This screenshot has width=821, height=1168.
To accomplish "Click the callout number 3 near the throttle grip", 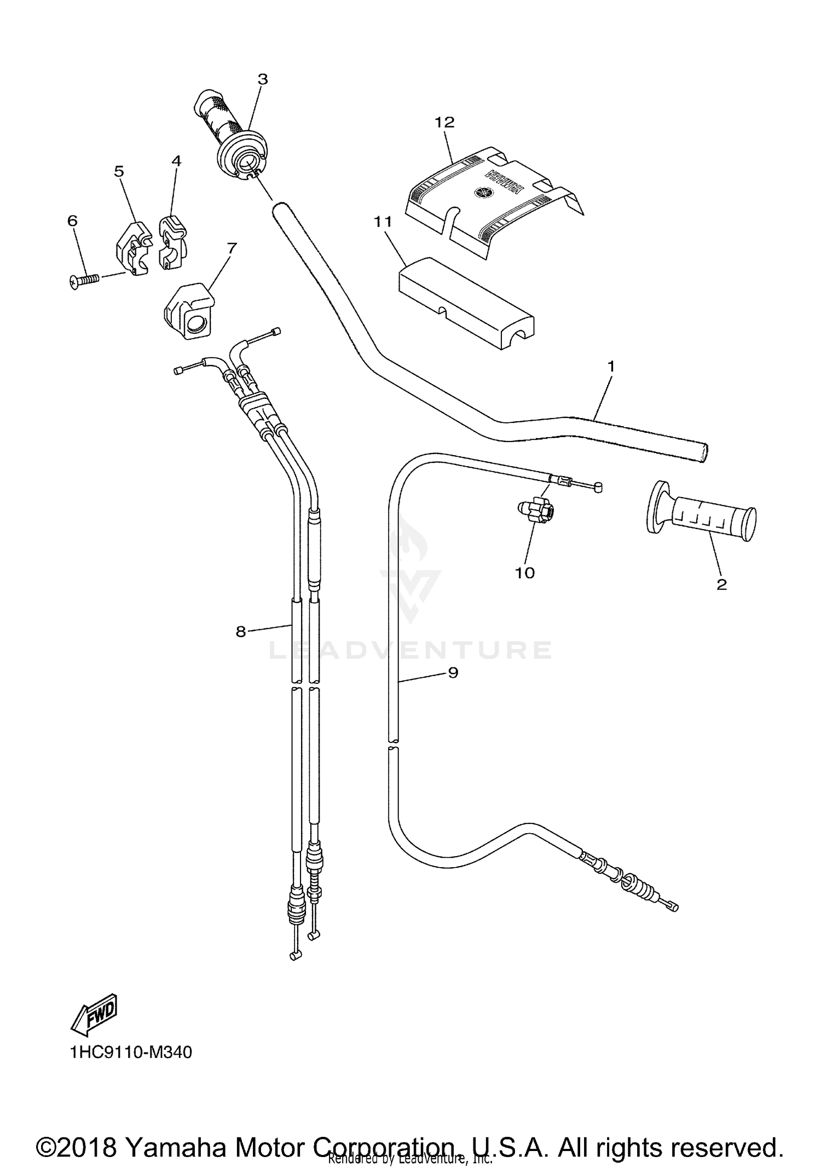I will tap(263, 79).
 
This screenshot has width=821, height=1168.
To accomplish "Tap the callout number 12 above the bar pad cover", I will tap(444, 122).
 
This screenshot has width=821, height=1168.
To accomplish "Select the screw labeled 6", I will tap(85, 280).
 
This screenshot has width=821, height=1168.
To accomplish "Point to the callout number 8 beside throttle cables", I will tap(241, 632).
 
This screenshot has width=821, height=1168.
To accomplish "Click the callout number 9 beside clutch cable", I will tap(453, 673).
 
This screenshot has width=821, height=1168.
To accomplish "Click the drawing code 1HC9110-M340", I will tap(131, 1053).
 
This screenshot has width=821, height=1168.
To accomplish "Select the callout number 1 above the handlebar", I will tap(611, 367).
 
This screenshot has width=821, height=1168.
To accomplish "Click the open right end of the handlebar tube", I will tap(704, 453).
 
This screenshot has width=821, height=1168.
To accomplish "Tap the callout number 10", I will tap(524, 573).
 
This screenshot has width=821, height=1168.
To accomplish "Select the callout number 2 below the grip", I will tap(721, 584).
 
